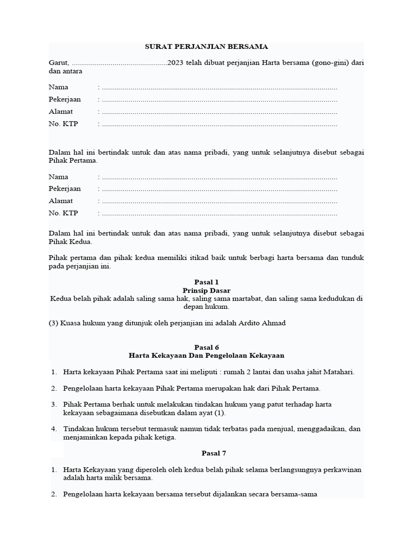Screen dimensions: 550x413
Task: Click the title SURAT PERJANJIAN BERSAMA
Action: coord(206,47)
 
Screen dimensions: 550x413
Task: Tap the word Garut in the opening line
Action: coord(58,63)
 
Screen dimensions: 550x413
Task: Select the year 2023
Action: coord(176,63)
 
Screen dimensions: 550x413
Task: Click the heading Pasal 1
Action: coord(206,281)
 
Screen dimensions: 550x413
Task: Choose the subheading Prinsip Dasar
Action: coord(206,290)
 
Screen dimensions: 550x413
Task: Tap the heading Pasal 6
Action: coord(206,347)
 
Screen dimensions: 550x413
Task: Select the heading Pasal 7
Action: coord(206,453)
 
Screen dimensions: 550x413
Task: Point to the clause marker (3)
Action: coord(54,323)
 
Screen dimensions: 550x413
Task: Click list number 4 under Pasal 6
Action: coord(54,429)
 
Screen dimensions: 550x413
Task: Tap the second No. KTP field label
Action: coord(63,213)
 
